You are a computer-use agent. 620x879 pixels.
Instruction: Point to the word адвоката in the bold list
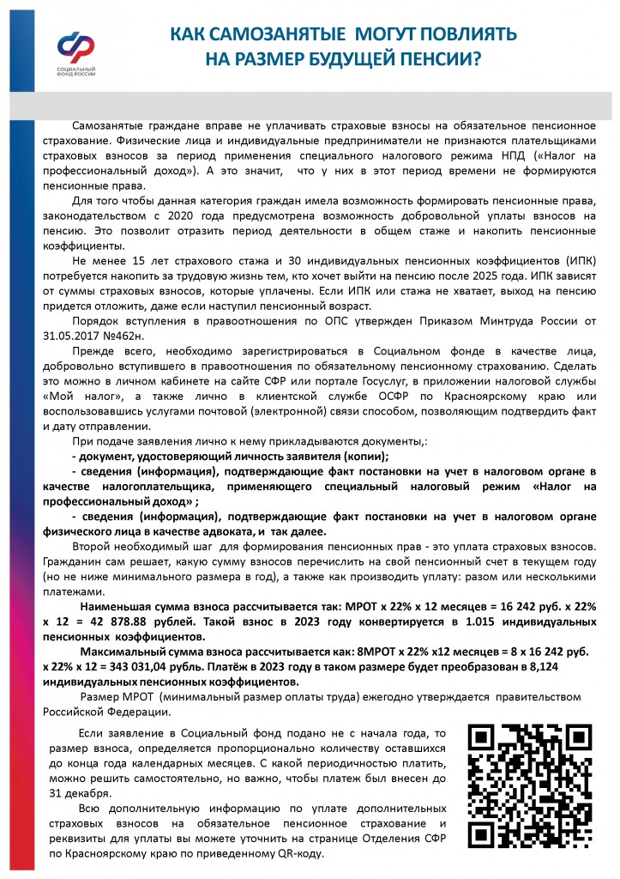point(248,532)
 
